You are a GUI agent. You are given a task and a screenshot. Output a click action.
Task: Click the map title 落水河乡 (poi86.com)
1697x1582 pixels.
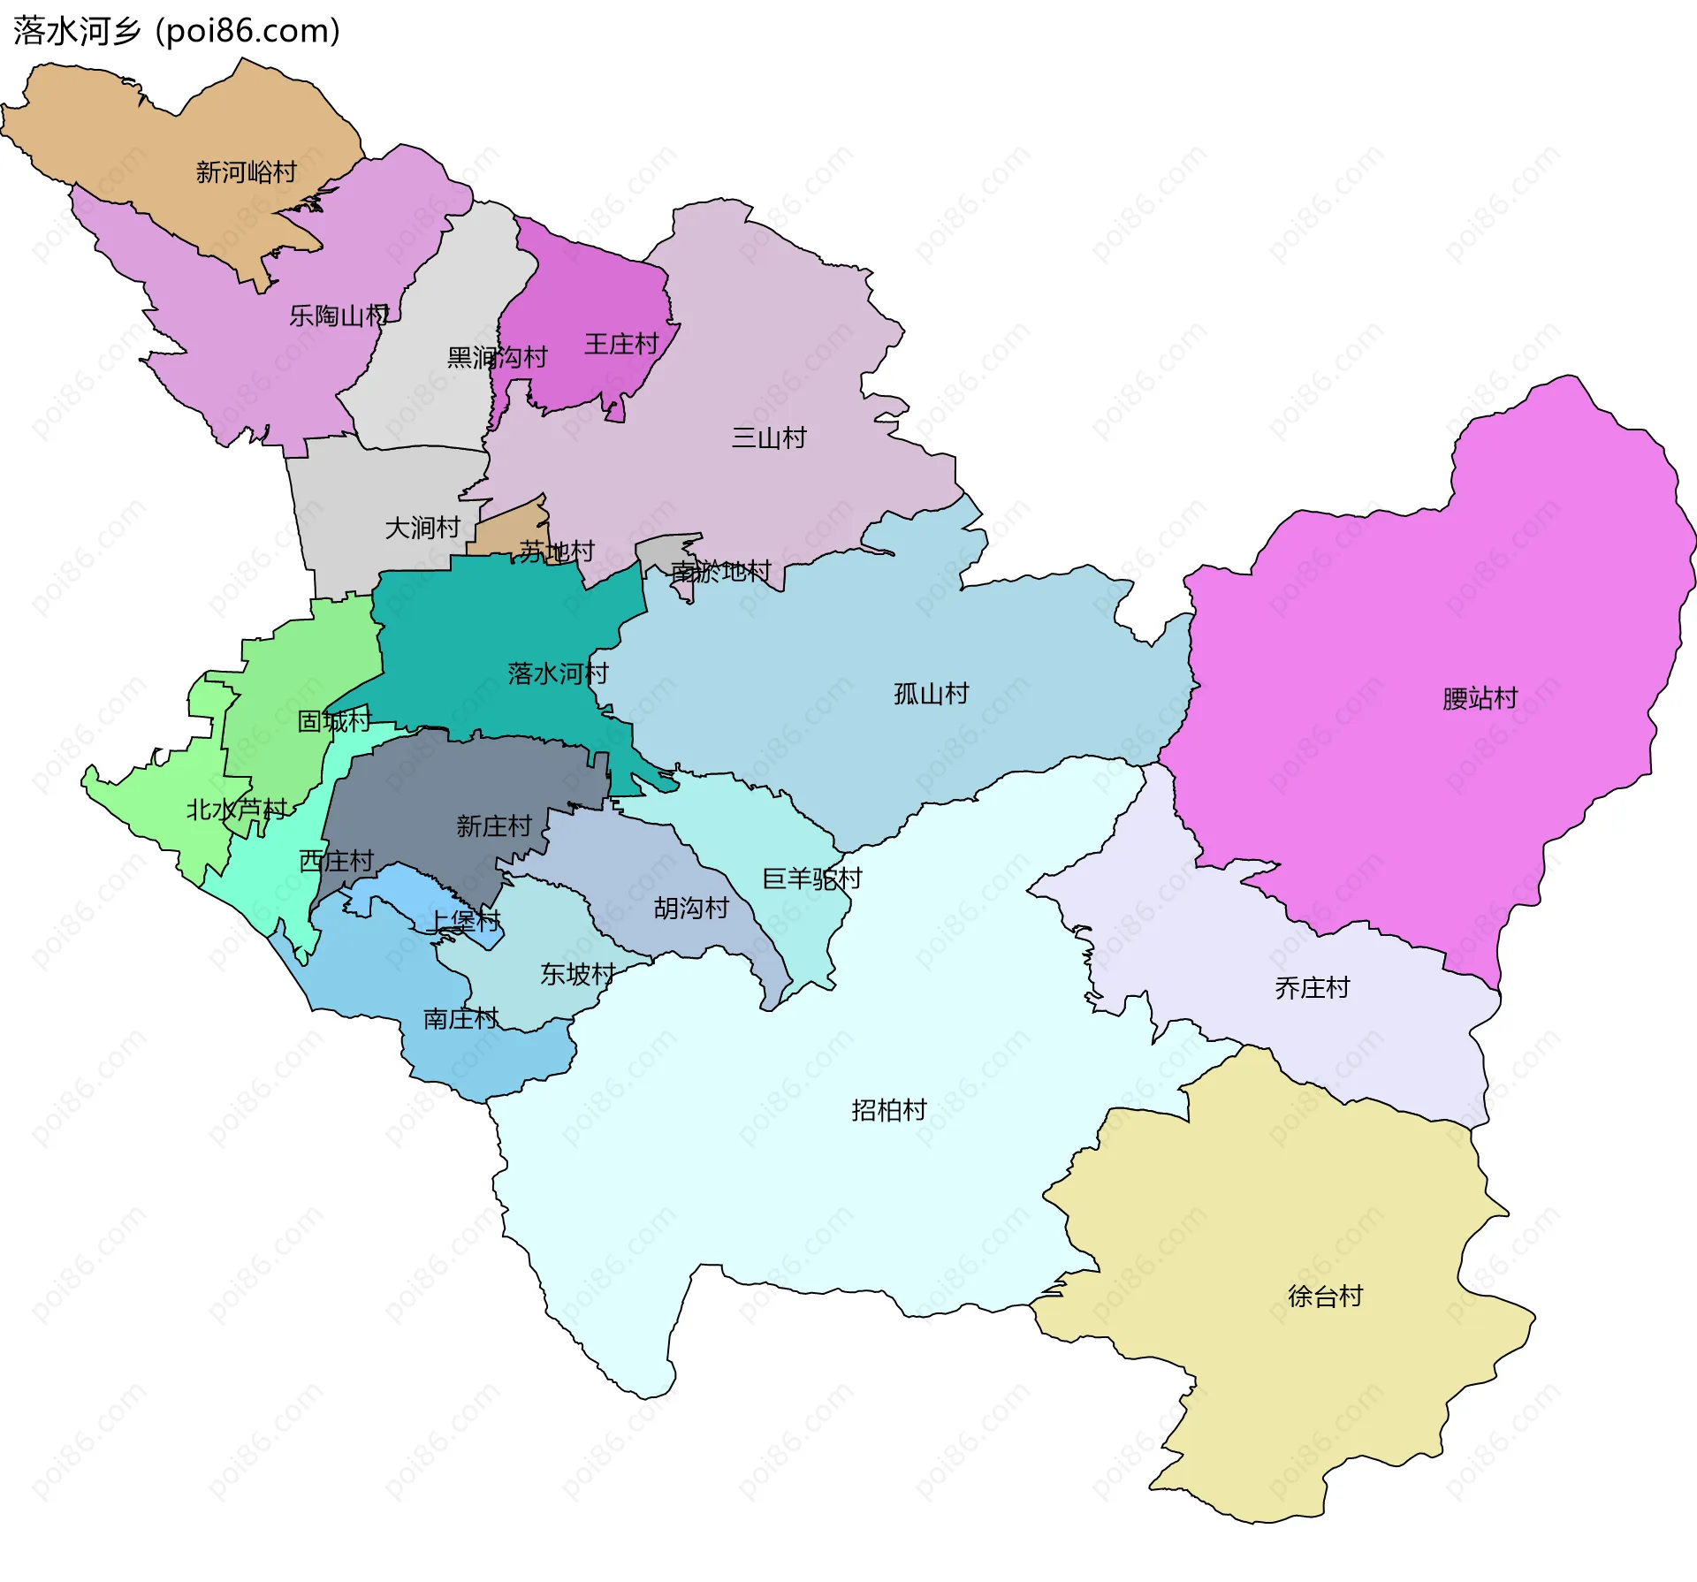[177, 31]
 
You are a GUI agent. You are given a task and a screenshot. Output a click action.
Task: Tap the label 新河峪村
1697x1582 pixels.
[246, 171]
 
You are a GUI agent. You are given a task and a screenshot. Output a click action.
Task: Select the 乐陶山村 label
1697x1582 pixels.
[339, 316]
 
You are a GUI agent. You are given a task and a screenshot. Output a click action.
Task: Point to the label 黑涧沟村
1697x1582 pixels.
[497, 357]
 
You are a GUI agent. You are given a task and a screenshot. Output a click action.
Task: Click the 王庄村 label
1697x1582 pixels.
[621, 344]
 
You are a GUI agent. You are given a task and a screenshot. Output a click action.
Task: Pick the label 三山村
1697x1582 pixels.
[769, 437]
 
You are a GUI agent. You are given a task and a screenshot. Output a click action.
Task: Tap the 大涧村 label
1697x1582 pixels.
[422, 528]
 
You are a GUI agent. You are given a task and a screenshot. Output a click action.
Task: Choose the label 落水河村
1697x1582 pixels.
[558, 673]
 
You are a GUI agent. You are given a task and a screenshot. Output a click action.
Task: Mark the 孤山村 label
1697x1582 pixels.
[931, 694]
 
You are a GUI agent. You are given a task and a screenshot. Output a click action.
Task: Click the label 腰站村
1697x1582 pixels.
[1480, 698]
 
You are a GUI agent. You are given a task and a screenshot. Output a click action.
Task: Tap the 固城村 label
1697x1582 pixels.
[334, 721]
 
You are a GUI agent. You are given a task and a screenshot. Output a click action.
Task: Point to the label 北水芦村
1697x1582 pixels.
[236, 809]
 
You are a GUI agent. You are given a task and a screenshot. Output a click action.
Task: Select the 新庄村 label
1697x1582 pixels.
[493, 826]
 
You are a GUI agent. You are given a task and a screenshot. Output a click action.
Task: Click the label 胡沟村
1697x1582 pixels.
[691, 908]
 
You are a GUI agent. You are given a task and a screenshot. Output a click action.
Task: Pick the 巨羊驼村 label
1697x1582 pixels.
[811, 878]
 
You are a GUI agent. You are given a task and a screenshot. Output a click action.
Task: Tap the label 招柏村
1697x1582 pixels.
[888, 1110]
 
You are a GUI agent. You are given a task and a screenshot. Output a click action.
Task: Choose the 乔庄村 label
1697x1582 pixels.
[1312, 987]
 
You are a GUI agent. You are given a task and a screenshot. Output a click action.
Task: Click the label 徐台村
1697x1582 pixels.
[1325, 1296]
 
